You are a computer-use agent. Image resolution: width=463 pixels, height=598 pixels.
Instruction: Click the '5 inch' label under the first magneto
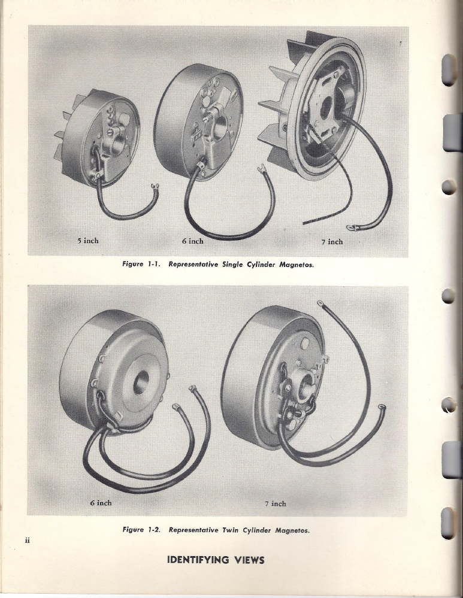point(88,241)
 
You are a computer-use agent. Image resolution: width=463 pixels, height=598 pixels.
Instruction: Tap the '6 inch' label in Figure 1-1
point(193,241)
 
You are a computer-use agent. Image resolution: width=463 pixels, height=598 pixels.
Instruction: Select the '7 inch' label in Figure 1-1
point(332,241)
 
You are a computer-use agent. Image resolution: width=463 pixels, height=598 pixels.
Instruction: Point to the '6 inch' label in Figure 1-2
point(101,503)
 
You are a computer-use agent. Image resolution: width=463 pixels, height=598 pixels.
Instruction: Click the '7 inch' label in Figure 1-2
point(275,504)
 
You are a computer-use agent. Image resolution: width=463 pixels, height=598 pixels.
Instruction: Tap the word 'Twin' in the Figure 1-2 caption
point(231,530)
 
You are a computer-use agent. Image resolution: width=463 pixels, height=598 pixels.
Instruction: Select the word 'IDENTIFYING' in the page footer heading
point(198,560)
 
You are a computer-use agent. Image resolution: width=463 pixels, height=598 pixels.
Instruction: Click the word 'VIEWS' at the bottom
point(249,560)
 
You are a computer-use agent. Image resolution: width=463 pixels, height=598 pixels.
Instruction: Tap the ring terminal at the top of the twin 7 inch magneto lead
point(320,304)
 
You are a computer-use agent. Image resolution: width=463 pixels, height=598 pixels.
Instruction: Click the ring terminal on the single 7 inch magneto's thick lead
point(350,228)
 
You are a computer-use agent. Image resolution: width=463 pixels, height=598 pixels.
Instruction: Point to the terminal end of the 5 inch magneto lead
point(156,187)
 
